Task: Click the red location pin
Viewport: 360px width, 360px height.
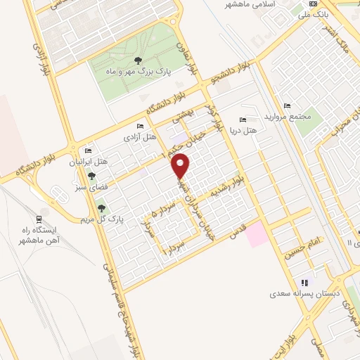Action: tap(181, 165)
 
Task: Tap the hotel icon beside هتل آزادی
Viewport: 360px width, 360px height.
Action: tap(140, 126)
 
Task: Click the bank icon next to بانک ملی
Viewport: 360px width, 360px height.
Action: tap(312, 4)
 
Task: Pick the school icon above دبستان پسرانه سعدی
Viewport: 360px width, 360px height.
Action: tap(305, 281)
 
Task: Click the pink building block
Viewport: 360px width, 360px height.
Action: tap(257, 234)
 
